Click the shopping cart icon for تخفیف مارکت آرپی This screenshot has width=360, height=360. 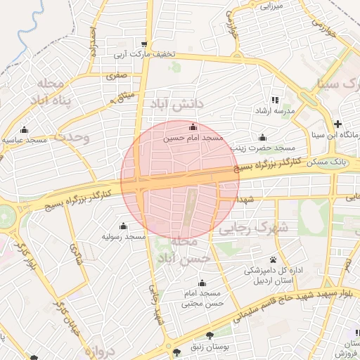tap(144, 44)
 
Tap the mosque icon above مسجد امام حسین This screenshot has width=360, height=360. tap(193, 127)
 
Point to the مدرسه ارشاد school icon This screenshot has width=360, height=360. tap(275, 101)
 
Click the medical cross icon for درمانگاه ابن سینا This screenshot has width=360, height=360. tap(338, 124)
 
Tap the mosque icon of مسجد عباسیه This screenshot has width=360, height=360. tap(25, 129)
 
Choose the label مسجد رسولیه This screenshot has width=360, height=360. tap(124, 237)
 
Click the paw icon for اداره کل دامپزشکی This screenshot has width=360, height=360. tap(273, 259)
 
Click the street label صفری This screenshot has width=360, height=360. tap(117, 75)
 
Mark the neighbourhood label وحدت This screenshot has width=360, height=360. tap(73, 136)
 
